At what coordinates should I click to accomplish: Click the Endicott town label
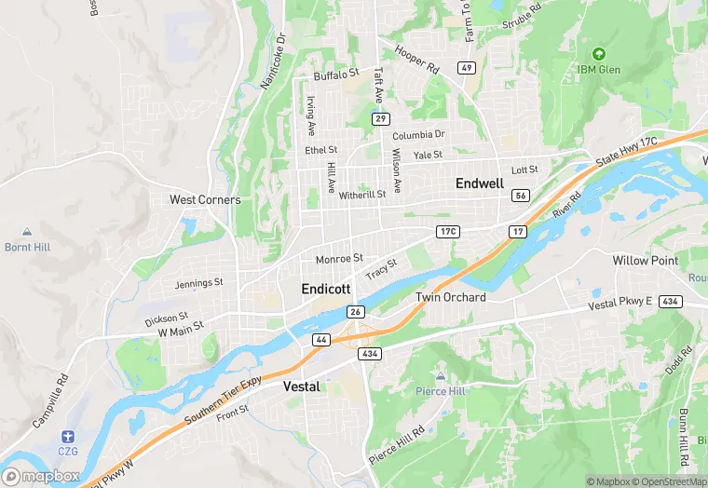(x=326, y=290)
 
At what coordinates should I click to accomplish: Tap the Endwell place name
(x=480, y=184)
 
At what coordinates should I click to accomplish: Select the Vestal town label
(x=301, y=386)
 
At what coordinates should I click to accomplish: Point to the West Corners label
(x=205, y=200)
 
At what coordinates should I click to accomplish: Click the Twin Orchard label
(x=450, y=297)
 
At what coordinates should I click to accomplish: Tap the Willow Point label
(x=645, y=261)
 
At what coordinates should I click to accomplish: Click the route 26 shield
(x=355, y=311)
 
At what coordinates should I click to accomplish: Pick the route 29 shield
(x=379, y=119)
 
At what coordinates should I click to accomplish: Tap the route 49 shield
(x=467, y=68)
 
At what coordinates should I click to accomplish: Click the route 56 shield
(x=521, y=196)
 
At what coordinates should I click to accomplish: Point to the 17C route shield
(x=447, y=231)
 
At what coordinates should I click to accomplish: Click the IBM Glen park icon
(x=598, y=53)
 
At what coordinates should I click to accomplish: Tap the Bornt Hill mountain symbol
(x=27, y=232)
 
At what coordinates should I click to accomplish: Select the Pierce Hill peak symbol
(x=440, y=376)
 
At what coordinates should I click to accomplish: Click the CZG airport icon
(x=67, y=436)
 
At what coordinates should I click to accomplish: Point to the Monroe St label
(x=338, y=259)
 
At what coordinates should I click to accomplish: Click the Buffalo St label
(x=336, y=74)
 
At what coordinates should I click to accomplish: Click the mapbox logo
(x=41, y=476)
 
